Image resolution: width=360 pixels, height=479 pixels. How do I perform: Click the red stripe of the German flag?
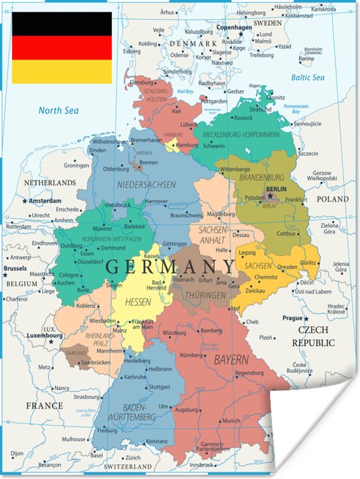pyautogui.click(x=62, y=47)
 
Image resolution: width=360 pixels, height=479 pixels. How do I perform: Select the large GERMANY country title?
pyautogui.click(x=170, y=266)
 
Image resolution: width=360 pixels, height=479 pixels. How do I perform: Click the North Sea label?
pyautogui.click(x=58, y=111)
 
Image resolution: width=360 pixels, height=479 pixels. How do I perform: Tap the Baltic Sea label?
pyautogui.click(x=308, y=78)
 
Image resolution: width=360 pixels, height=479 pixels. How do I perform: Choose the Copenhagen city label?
pyautogui.click(x=234, y=27)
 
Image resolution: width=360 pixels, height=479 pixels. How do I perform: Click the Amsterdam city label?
pyautogui.click(x=45, y=201)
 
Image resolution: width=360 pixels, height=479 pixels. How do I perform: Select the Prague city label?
pyautogui.click(x=293, y=318)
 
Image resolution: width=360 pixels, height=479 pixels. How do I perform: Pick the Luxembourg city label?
pyautogui.click(x=45, y=336)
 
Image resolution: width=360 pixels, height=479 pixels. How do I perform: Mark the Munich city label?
pyautogui.click(x=231, y=421)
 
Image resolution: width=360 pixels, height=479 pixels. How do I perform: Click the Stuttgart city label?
pyautogui.click(x=160, y=387)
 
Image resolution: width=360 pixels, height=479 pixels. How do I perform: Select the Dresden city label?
pyautogui.click(x=288, y=266)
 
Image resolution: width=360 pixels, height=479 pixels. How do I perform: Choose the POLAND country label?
pyautogui.click(x=333, y=198)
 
